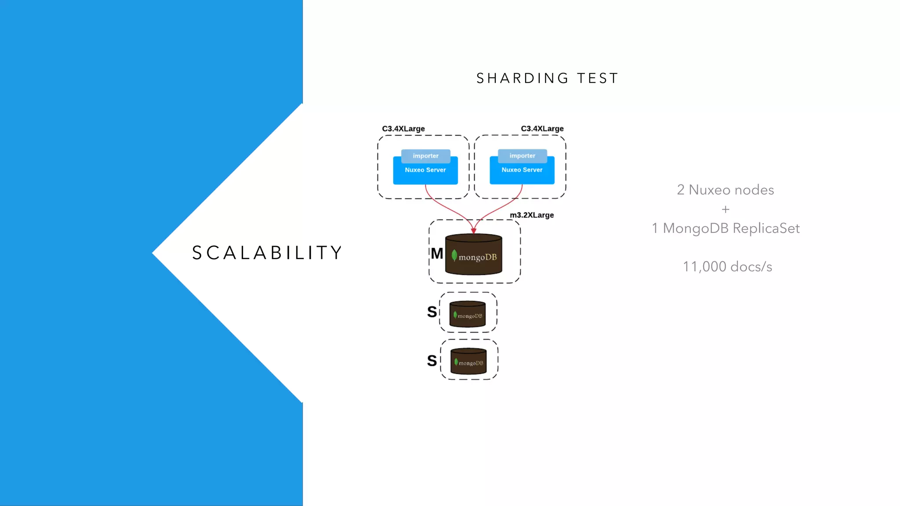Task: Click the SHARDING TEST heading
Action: [x=547, y=78]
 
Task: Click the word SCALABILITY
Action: [x=267, y=253]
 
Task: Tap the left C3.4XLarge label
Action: [x=403, y=129]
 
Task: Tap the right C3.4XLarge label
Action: [x=542, y=129]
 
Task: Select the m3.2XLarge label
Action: [x=531, y=215]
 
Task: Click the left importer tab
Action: [x=425, y=156]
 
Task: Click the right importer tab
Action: [x=522, y=156]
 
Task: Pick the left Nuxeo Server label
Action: [x=425, y=170]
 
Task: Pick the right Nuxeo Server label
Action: [x=522, y=170]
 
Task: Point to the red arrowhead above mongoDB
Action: [x=473, y=231]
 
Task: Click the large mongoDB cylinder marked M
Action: [x=473, y=259]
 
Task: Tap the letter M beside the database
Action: [x=437, y=253]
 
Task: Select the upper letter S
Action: [x=432, y=312]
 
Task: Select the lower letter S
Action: [x=432, y=361]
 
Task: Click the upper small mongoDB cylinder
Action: [x=468, y=314]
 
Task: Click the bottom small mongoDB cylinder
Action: [x=468, y=361]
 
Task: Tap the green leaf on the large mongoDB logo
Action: [x=454, y=256]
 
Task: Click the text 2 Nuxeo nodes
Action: [x=725, y=190]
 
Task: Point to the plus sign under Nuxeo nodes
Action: [x=725, y=210]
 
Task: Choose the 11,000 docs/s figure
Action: [x=727, y=267]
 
